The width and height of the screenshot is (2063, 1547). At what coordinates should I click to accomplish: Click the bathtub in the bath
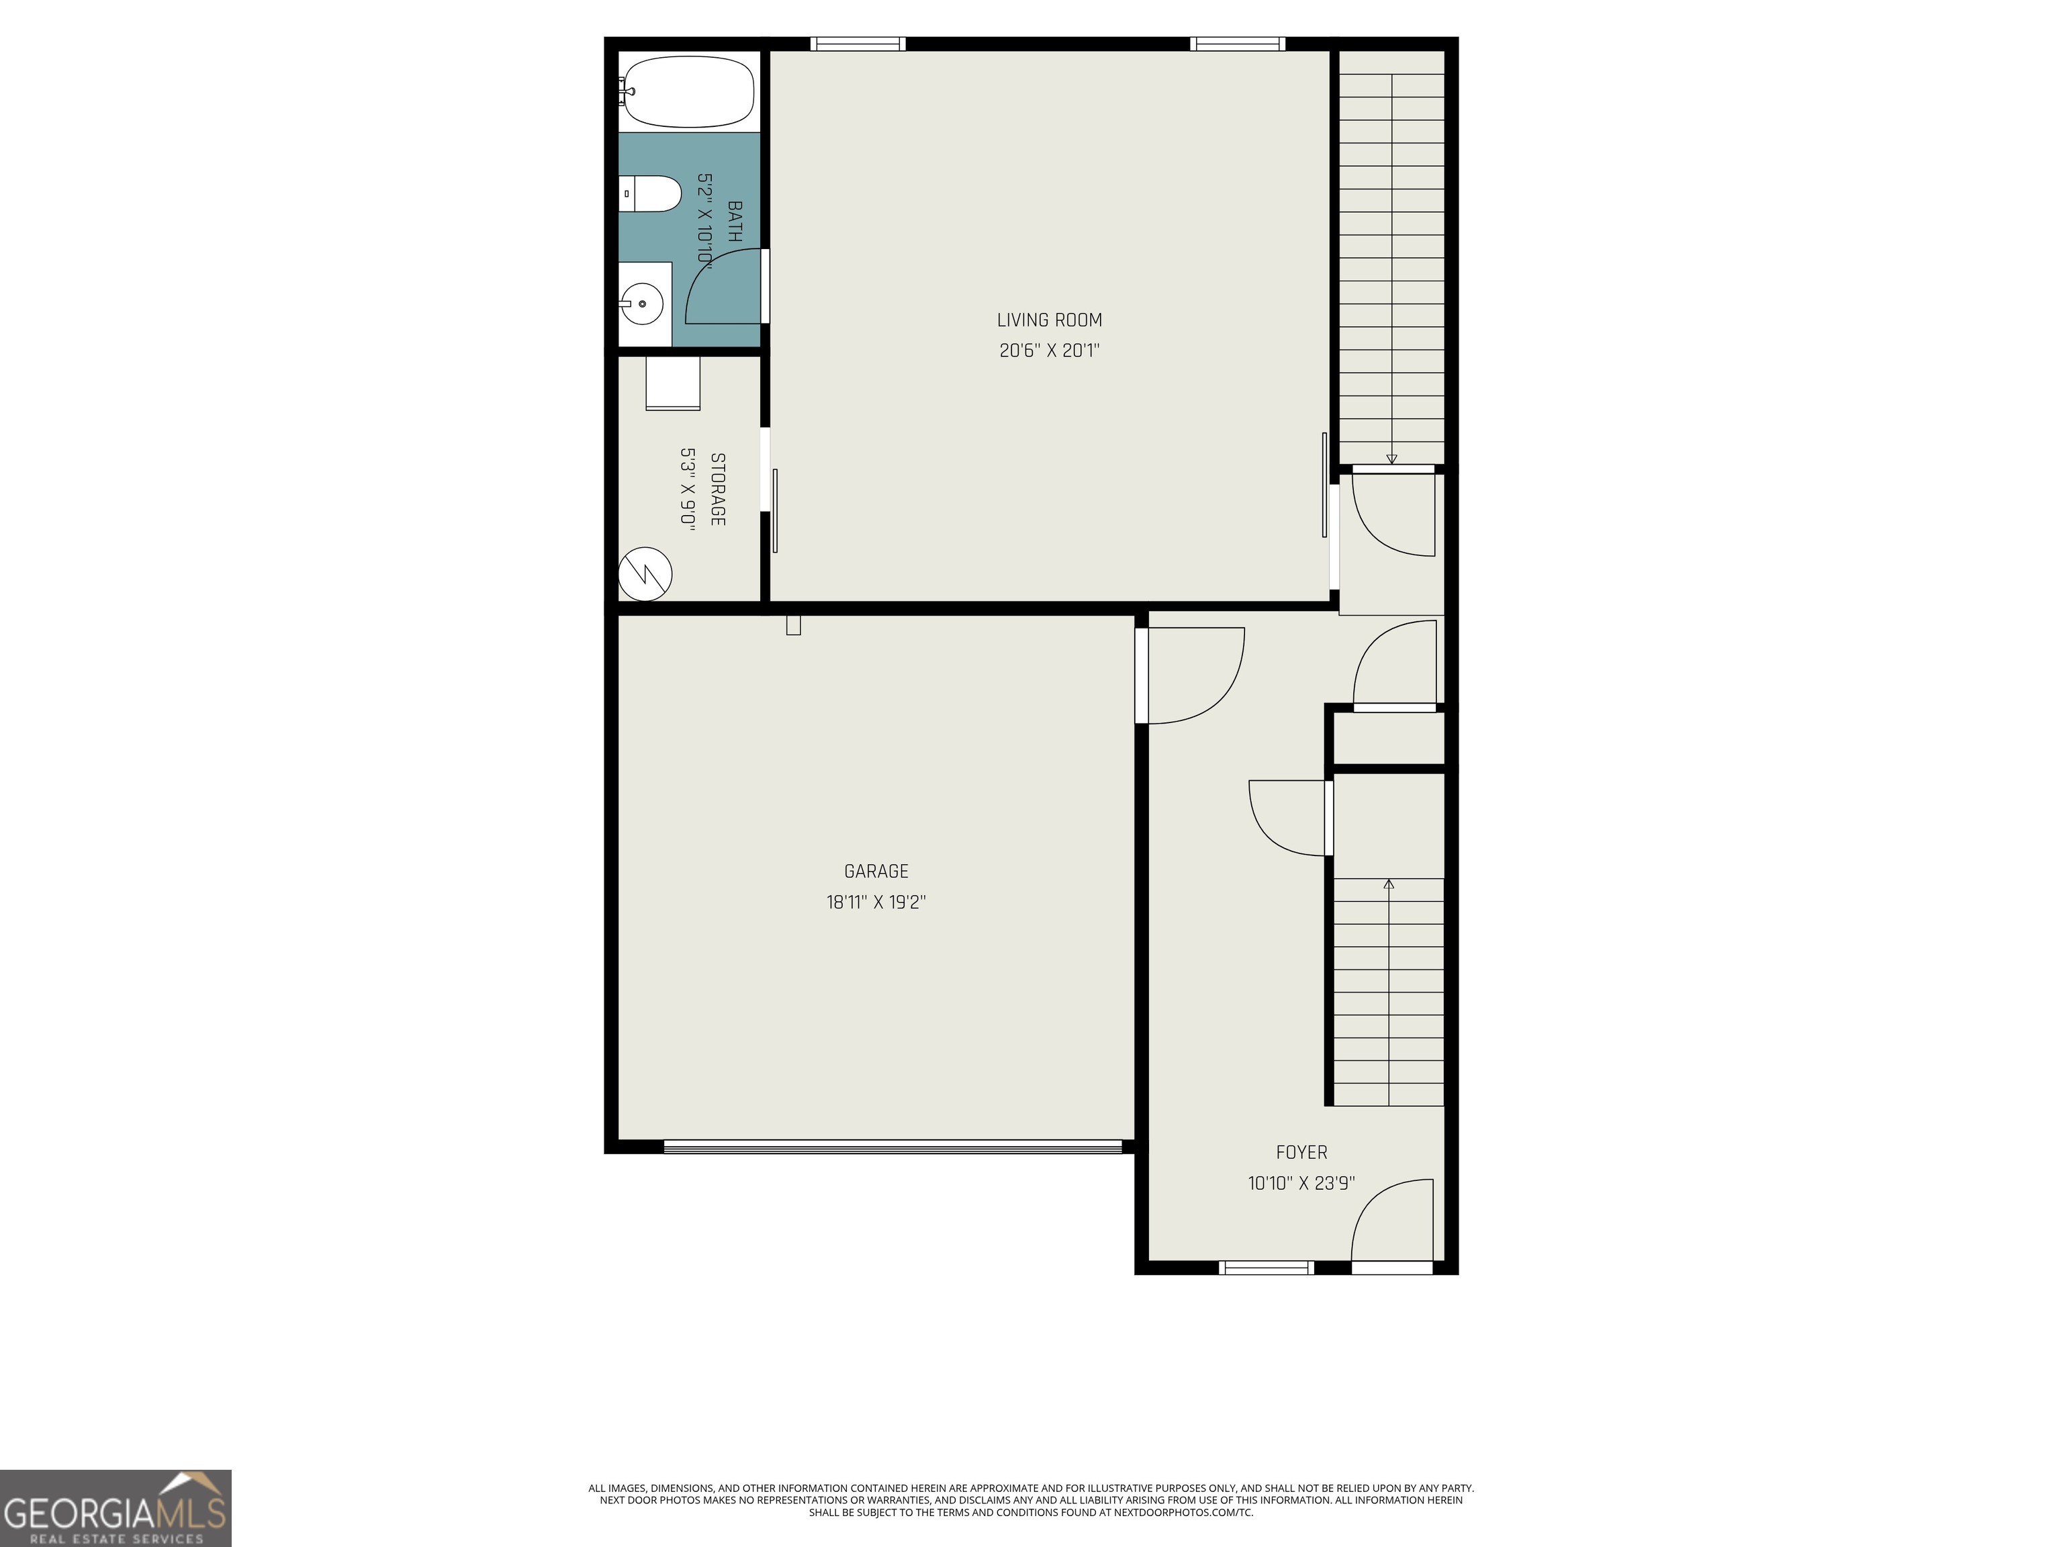coord(688,91)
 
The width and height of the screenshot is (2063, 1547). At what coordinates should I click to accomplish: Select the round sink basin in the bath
coord(641,304)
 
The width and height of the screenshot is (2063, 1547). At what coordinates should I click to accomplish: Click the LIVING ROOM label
coord(1049,320)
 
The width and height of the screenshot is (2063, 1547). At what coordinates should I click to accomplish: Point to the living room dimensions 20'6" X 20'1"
coord(1049,350)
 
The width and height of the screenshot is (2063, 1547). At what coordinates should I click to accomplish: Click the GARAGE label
coord(875,871)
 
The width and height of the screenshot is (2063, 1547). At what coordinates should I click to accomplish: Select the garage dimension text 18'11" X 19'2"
coord(875,902)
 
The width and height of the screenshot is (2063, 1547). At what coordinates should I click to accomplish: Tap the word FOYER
coord(1301,1153)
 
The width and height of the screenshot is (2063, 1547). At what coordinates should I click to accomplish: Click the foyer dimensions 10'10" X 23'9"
coord(1301,1183)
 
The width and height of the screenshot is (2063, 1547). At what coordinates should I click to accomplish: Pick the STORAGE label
coord(717,489)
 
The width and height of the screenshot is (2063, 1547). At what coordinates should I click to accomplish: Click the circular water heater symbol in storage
coord(645,573)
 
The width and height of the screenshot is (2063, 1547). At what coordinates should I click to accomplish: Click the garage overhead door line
coord(892,1146)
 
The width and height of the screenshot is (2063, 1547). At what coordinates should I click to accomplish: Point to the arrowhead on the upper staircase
coord(1391,459)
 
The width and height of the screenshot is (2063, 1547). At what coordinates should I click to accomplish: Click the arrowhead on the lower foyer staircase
coord(1389,883)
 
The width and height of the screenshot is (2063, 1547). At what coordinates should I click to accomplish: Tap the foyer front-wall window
coord(1266,1267)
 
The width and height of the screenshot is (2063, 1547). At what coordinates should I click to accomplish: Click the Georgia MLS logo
coord(116,1509)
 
